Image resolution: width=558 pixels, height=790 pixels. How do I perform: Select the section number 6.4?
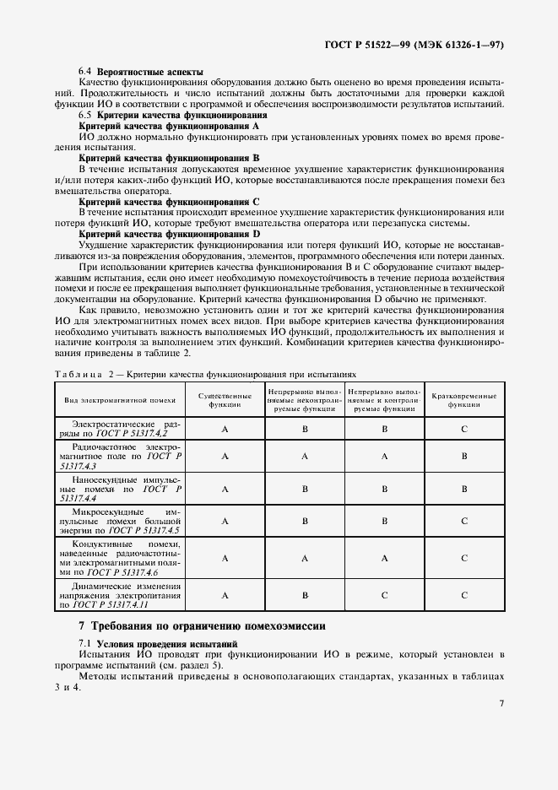[x=84, y=73]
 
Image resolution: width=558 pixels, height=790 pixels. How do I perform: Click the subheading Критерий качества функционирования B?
[x=169, y=158]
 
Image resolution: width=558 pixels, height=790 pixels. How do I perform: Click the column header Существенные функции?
[x=225, y=400]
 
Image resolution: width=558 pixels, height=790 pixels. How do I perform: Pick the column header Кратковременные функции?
[x=463, y=400]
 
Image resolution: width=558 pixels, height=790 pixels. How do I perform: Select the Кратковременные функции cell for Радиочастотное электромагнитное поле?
[x=464, y=456]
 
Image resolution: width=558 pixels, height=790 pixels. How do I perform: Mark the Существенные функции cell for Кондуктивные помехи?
[x=225, y=558]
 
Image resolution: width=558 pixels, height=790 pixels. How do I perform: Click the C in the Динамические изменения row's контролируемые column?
[x=385, y=595]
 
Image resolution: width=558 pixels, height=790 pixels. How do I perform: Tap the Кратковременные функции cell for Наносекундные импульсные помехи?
[x=464, y=488]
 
